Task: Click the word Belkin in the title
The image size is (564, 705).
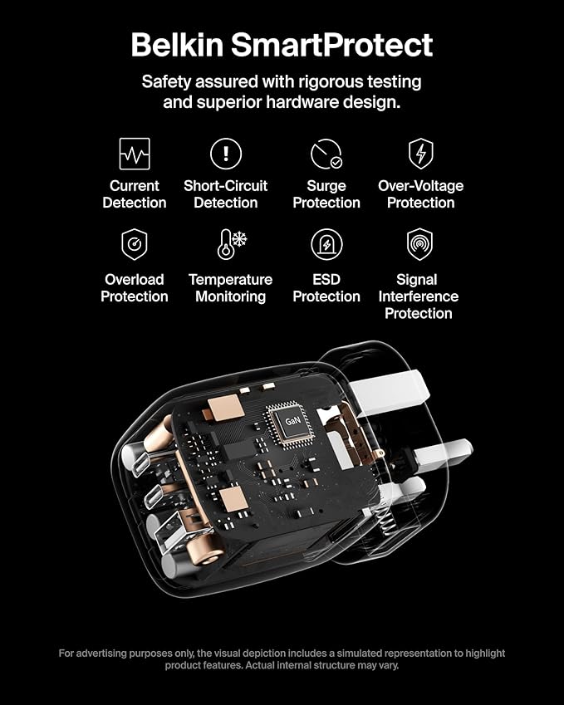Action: (177, 45)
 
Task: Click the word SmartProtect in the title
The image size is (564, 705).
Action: (332, 46)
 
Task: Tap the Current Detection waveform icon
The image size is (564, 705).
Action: (135, 154)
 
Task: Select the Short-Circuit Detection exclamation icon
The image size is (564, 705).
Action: (226, 154)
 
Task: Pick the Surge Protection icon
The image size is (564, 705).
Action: (326, 154)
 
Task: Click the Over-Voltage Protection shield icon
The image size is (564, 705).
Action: (420, 154)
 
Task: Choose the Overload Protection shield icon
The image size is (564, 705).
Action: (134, 244)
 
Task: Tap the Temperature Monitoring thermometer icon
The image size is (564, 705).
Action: (231, 244)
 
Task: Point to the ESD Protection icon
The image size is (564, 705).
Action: (326, 244)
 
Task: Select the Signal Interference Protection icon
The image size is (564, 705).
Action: (419, 244)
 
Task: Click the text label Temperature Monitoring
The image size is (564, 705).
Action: (230, 288)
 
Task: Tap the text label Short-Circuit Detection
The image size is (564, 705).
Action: (226, 194)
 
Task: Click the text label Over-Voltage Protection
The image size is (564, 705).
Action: (420, 194)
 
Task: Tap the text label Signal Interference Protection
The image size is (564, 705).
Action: (419, 296)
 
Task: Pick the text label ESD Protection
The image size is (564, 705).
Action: (326, 288)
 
